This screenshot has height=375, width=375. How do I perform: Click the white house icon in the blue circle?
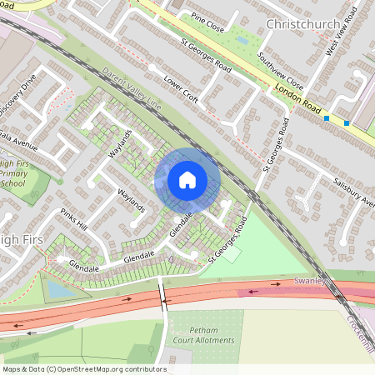187,179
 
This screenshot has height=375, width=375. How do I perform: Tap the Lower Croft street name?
182,92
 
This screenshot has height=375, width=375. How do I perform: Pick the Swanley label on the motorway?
308,283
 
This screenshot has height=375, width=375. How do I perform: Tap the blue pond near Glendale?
57,288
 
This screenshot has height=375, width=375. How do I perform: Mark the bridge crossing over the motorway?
163,297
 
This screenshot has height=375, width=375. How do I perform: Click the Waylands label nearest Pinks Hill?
132,200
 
